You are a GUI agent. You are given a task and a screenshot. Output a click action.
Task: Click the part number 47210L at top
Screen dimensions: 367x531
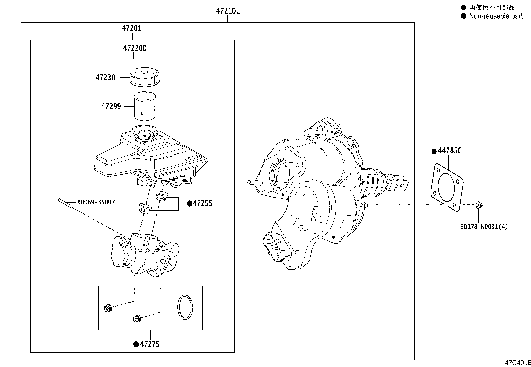click(x=228, y=11)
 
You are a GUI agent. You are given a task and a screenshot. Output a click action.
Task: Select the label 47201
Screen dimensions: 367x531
click(x=132, y=28)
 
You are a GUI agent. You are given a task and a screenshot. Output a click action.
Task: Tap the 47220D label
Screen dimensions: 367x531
click(x=135, y=48)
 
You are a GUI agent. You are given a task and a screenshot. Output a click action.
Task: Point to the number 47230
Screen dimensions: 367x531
click(x=105, y=78)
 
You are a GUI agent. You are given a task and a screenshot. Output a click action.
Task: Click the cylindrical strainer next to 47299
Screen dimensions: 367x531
click(x=145, y=106)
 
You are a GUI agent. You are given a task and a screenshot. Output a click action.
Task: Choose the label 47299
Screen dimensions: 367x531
click(x=111, y=107)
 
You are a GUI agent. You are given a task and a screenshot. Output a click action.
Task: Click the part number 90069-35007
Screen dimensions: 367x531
click(x=96, y=202)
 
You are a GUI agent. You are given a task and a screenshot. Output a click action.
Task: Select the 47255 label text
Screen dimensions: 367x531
click(x=203, y=203)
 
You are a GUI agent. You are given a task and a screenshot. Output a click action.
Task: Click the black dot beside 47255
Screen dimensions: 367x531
click(x=189, y=203)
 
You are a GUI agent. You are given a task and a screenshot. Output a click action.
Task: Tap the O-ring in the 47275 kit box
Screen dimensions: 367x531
click(x=185, y=307)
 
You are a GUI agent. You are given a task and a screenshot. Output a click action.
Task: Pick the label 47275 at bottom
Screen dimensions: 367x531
click(x=150, y=344)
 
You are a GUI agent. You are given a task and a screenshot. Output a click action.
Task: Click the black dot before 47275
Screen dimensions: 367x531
click(x=136, y=344)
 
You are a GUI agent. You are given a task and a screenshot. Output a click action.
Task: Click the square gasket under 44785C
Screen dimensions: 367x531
click(x=446, y=187)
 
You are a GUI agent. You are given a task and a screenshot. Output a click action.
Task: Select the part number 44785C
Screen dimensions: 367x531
click(x=450, y=151)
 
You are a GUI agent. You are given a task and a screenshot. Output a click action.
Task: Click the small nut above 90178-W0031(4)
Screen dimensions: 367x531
click(x=478, y=205)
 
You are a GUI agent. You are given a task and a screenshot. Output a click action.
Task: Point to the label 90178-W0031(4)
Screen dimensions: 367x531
click(x=484, y=227)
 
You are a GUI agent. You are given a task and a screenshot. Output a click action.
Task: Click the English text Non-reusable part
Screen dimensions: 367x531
click(x=496, y=16)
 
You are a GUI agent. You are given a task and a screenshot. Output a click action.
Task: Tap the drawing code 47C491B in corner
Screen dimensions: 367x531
click(x=517, y=363)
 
